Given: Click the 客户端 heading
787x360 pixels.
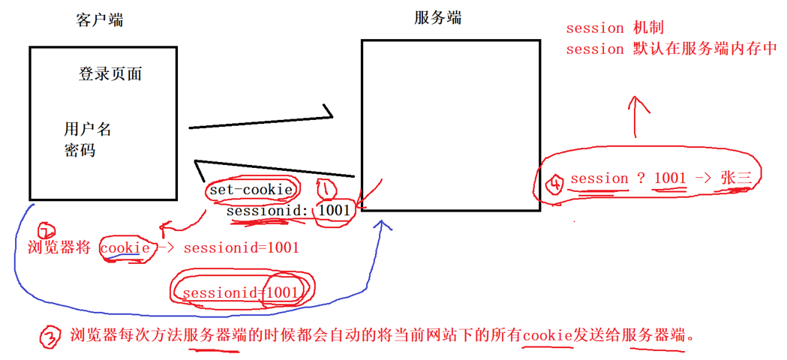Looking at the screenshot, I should coord(100,20).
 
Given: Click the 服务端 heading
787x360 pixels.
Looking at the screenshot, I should coord(437,18).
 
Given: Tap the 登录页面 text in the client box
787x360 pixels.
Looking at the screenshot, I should coord(110,74).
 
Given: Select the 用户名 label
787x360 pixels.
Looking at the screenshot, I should coord(88,129).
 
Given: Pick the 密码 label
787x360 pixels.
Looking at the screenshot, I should coord(80,150).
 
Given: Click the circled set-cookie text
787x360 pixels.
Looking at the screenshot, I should coord(251,190).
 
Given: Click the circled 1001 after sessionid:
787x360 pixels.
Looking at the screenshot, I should coord(334,211).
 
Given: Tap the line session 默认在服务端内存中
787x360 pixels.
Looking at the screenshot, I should coord(671,49).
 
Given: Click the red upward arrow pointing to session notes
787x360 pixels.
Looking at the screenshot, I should coord(636,112).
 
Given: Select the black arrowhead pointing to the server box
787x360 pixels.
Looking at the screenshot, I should coord(327,114).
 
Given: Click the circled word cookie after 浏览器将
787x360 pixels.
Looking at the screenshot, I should coord(123,247).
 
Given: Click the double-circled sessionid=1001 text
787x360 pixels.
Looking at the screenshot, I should coord(240,292).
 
